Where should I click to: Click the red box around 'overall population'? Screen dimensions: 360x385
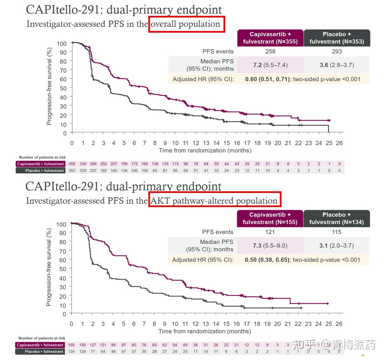[186, 24]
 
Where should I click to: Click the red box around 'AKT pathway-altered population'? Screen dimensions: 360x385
[215, 201]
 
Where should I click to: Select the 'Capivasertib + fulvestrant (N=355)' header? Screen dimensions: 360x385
[270, 38]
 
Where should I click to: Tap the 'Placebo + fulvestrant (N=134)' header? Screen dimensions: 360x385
[336, 218]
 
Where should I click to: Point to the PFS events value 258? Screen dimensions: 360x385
[270, 52]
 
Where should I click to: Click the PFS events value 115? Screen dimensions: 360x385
[336, 232]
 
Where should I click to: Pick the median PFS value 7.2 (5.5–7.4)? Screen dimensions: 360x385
[270, 65]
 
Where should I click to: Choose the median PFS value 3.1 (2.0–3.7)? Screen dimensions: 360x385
[336, 246]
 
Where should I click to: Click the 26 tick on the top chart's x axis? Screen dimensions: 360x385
[339, 143]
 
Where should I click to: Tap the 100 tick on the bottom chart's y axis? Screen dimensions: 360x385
[61, 224]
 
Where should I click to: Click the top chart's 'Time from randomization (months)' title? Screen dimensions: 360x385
[205, 151]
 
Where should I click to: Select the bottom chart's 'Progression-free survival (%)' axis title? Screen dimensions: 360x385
[49, 267]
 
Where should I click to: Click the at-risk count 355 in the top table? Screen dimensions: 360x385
[72, 164]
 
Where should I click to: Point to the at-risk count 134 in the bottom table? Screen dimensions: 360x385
[71, 352]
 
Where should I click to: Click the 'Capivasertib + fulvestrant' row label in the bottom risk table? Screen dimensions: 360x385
[40, 345]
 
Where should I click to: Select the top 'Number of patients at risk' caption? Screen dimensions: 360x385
[42, 157]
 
